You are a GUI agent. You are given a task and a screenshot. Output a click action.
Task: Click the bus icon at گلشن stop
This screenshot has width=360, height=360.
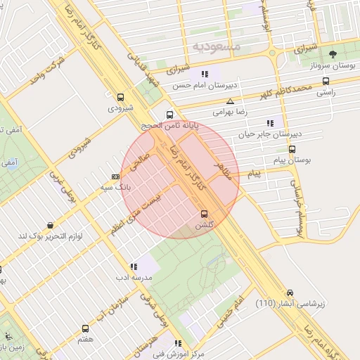point(205,213)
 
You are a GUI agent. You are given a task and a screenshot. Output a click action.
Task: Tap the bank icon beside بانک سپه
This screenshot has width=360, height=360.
point(115,176)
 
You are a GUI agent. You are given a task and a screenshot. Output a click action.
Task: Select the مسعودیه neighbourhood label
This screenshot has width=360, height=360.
point(216,46)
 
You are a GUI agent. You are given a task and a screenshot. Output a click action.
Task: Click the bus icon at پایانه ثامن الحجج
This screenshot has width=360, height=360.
point(169,115)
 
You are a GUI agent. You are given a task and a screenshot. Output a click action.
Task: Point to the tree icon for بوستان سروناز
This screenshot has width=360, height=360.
point(333,53)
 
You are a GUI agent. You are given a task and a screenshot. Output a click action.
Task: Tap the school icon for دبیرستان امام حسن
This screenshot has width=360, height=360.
point(205,74)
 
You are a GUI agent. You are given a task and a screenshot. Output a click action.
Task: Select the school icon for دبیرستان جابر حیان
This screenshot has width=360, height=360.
point(270,123)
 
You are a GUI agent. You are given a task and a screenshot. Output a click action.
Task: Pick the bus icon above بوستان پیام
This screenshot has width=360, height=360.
point(292,149)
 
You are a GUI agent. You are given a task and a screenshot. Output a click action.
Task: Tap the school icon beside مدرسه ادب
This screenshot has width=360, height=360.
point(134,266)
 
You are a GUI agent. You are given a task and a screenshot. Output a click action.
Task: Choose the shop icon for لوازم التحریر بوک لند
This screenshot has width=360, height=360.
point(50,225)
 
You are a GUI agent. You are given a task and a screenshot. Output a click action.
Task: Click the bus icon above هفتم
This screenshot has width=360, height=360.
point(86,328)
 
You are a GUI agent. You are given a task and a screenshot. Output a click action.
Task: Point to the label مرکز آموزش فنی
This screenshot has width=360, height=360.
point(179,354)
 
